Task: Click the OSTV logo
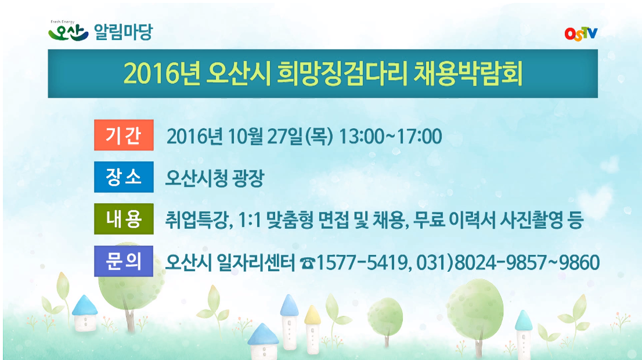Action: point(580,34)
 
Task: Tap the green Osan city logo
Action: point(68,31)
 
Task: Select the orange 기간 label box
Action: point(124,135)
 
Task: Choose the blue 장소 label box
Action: point(124,177)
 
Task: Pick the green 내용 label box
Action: point(124,219)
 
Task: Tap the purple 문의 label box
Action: point(124,261)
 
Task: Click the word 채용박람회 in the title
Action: point(468,74)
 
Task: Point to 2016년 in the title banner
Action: point(162,74)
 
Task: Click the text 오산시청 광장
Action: point(214,178)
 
